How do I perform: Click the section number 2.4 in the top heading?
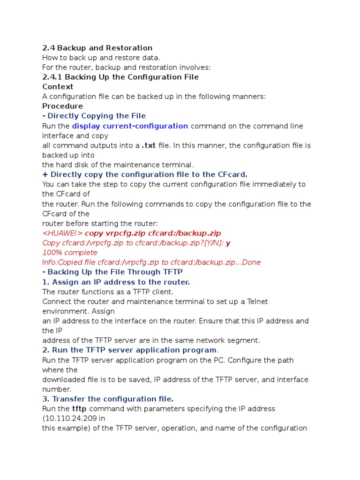[x=48, y=48]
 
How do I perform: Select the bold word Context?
[x=58, y=87]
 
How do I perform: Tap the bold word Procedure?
[x=62, y=106]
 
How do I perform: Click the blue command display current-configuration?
[x=130, y=126]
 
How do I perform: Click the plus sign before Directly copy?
[x=45, y=174]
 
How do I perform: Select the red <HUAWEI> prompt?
[x=62, y=233]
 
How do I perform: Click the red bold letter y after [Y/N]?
[x=228, y=243]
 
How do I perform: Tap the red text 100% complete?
[x=70, y=253]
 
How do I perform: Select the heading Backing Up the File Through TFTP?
[x=115, y=272]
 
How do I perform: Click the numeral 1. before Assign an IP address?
[x=45, y=282]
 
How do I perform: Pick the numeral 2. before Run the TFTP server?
[x=45, y=350]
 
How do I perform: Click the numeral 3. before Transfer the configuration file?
[x=45, y=399]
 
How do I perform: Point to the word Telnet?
[x=255, y=301]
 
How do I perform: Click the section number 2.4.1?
[x=52, y=77]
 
